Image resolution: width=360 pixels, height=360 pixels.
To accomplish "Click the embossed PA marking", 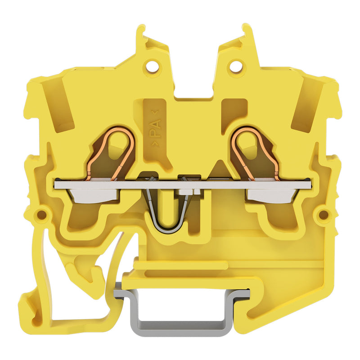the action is (x=155, y=128).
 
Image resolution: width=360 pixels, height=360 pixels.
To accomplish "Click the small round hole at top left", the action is (x=152, y=64).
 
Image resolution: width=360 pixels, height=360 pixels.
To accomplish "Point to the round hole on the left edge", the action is (x=41, y=215).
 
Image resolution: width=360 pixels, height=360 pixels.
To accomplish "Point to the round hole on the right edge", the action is (x=324, y=215).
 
